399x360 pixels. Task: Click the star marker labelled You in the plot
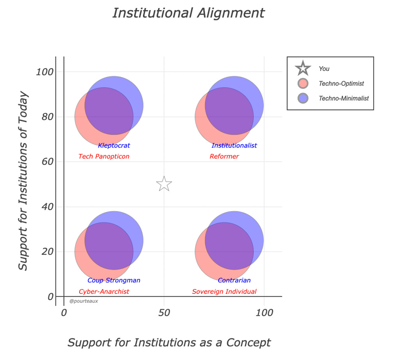pyautogui.click(x=164, y=184)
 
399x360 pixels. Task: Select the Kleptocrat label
pyautogui.click(x=114, y=146)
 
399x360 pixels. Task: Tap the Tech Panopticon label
pyautogui.click(x=104, y=157)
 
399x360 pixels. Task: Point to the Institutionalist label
pyautogui.click(x=234, y=146)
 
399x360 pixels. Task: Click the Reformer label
pyautogui.click(x=224, y=157)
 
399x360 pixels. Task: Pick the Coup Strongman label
pyautogui.click(x=114, y=281)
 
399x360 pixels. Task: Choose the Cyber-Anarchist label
pyautogui.click(x=104, y=292)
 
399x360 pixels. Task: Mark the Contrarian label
pyautogui.click(x=234, y=281)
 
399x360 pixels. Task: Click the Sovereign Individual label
pyautogui.click(x=224, y=292)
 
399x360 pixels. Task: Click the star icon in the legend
pyautogui.click(x=303, y=69)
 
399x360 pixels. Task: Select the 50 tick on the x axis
pyautogui.click(x=164, y=313)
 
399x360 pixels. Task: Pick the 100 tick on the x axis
pyautogui.click(x=264, y=313)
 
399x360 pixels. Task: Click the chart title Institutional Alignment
pyautogui.click(x=189, y=13)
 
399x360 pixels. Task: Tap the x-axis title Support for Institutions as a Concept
pyautogui.click(x=169, y=343)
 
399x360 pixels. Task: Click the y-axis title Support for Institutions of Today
pyautogui.click(x=24, y=181)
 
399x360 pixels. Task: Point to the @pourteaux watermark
pyautogui.click(x=83, y=301)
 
